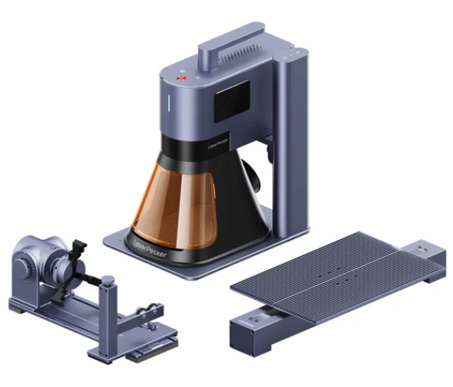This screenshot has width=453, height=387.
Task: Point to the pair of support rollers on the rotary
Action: pyautogui.click(x=142, y=313)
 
